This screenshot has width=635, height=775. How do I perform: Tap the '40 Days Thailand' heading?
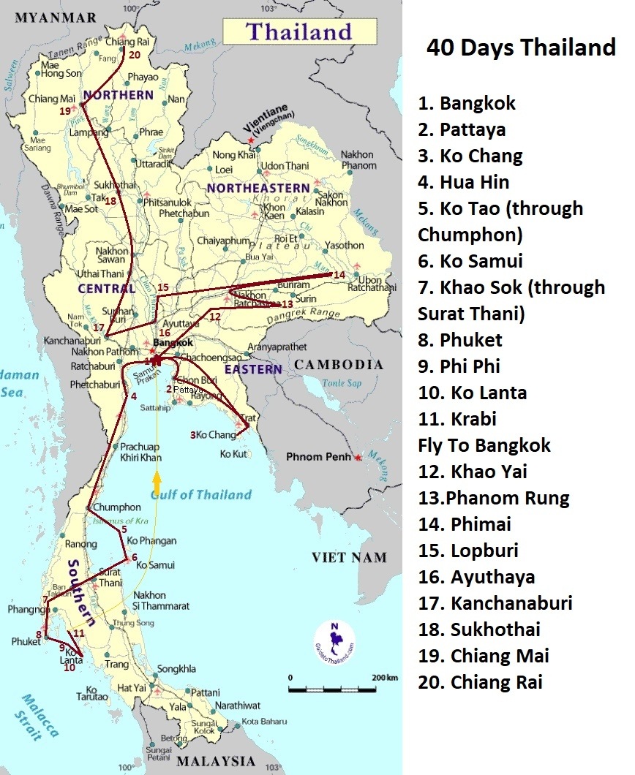click(x=521, y=48)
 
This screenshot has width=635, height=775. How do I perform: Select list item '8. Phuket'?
click(x=460, y=340)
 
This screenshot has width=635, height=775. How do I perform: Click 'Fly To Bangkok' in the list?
click(x=484, y=445)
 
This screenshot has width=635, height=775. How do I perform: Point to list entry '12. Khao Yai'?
click(x=473, y=472)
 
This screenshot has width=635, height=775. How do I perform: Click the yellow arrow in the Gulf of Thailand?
click(x=156, y=483)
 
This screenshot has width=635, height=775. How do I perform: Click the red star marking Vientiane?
click(x=252, y=139)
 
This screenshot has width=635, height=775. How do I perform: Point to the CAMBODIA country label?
click(x=339, y=364)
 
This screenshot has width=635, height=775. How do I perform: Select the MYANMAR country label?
click(x=56, y=18)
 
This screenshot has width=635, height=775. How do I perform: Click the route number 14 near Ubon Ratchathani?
click(x=339, y=275)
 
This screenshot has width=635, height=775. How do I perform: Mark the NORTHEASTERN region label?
click(x=258, y=188)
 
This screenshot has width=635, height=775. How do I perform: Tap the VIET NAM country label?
click(x=348, y=558)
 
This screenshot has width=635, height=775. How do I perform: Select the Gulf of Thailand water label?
click(x=200, y=495)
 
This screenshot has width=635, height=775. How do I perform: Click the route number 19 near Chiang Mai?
click(x=64, y=111)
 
